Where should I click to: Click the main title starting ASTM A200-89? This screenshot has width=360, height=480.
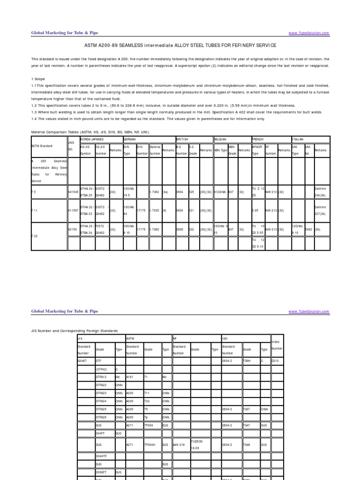(x=180, y=45)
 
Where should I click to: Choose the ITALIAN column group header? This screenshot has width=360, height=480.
(x=298, y=140)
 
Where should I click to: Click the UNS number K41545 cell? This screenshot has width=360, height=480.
(x=74, y=192)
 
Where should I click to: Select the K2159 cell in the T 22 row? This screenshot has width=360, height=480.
(x=73, y=229)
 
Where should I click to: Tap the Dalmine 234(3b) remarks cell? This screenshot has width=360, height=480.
(x=321, y=192)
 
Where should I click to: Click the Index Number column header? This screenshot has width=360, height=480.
(x=277, y=345)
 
